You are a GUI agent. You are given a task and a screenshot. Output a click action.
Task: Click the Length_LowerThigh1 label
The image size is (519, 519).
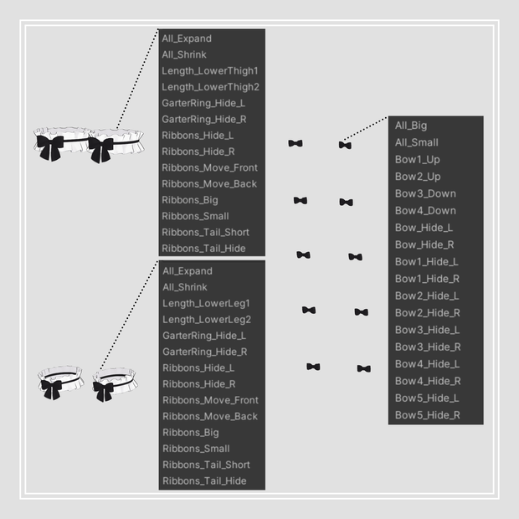tap(210, 71)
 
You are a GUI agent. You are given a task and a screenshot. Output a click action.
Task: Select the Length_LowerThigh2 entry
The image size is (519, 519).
tap(210, 87)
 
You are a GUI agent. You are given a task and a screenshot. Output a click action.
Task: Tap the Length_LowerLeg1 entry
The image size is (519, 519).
tap(206, 304)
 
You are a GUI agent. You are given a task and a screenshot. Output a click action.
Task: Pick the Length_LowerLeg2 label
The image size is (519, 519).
tap(207, 320)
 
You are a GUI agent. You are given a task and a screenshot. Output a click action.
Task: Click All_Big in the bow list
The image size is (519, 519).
tap(411, 126)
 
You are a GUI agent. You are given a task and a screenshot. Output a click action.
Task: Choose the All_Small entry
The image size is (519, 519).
tap(416, 142)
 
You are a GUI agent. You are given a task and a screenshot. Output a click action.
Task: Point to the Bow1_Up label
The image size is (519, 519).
tap(418, 160)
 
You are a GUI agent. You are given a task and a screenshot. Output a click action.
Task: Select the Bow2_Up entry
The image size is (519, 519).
tap(418, 177)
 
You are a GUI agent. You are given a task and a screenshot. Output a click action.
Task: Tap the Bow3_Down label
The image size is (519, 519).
tap(425, 193)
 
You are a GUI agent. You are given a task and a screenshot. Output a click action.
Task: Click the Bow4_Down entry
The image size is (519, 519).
tap(425, 211)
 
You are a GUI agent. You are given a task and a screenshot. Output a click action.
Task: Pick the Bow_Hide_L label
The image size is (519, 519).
tap(424, 228)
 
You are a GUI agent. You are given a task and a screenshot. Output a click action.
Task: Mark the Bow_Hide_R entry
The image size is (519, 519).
tap(424, 245)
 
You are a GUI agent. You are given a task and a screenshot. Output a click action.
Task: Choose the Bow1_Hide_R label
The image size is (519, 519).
tap(427, 279)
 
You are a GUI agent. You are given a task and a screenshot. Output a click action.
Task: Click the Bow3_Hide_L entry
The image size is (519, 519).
tap(427, 330)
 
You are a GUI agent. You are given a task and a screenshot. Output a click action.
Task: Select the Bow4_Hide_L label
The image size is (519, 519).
tap(427, 364)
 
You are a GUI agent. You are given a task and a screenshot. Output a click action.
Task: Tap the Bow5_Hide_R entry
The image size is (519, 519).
tap(428, 415)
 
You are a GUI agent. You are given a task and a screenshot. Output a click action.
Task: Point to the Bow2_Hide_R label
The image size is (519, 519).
tap(428, 313)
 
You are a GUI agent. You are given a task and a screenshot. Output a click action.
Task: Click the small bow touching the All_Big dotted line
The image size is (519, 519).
tap(345, 145)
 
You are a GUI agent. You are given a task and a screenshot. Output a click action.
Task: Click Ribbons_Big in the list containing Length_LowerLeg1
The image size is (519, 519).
tap(191, 433)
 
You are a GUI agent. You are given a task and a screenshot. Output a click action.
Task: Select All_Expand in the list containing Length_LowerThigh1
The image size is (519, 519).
tap(187, 39)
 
